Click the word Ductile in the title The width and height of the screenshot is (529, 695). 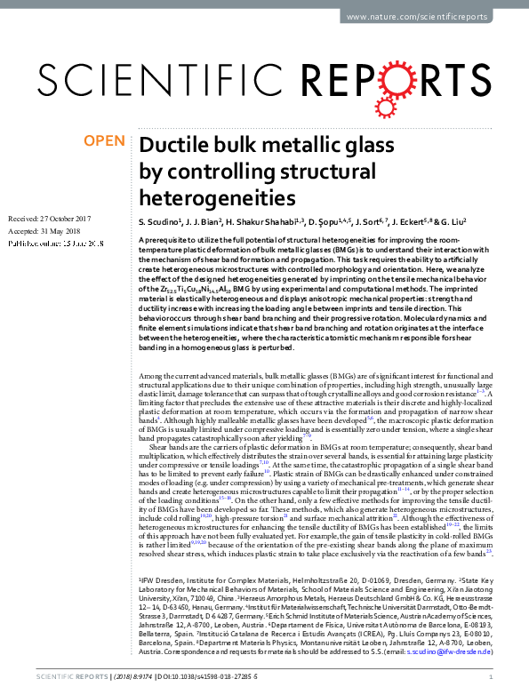pyautogui.click(x=176, y=146)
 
